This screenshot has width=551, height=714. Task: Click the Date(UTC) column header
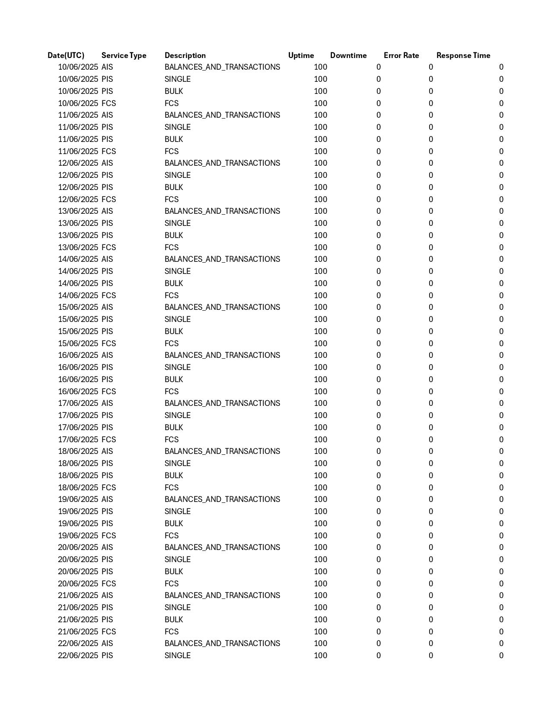tap(66, 55)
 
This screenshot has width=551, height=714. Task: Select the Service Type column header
tap(124, 55)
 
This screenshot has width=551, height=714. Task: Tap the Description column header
tap(185, 55)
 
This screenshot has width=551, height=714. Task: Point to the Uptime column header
tap(301, 55)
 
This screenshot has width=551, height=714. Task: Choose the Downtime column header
tap(348, 55)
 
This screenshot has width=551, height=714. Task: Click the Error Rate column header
tap(401, 55)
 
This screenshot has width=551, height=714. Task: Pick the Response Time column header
tap(463, 55)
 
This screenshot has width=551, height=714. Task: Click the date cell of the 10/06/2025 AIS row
tap(78, 67)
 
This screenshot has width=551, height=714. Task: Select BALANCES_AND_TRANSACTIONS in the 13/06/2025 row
tap(222, 211)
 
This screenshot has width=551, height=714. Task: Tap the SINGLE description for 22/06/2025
tap(178, 656)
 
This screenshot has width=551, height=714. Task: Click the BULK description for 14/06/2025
tap(174, 283)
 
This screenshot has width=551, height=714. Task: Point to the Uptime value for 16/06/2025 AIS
tap(320, 355)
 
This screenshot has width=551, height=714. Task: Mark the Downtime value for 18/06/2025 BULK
tap(379, 476)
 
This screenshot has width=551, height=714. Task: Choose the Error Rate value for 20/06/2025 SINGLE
tap(430, 560)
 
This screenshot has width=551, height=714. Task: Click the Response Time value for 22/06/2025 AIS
tap(501, 643)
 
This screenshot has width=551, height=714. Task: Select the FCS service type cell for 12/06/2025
tap(108, 199)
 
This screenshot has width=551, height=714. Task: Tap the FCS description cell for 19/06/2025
tap(172, 536)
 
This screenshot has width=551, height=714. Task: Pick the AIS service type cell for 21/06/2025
tap(107, 595)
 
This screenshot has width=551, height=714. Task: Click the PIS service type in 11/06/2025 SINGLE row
tap(107, 127)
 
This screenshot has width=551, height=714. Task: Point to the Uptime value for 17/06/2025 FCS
tap(320, 440)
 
